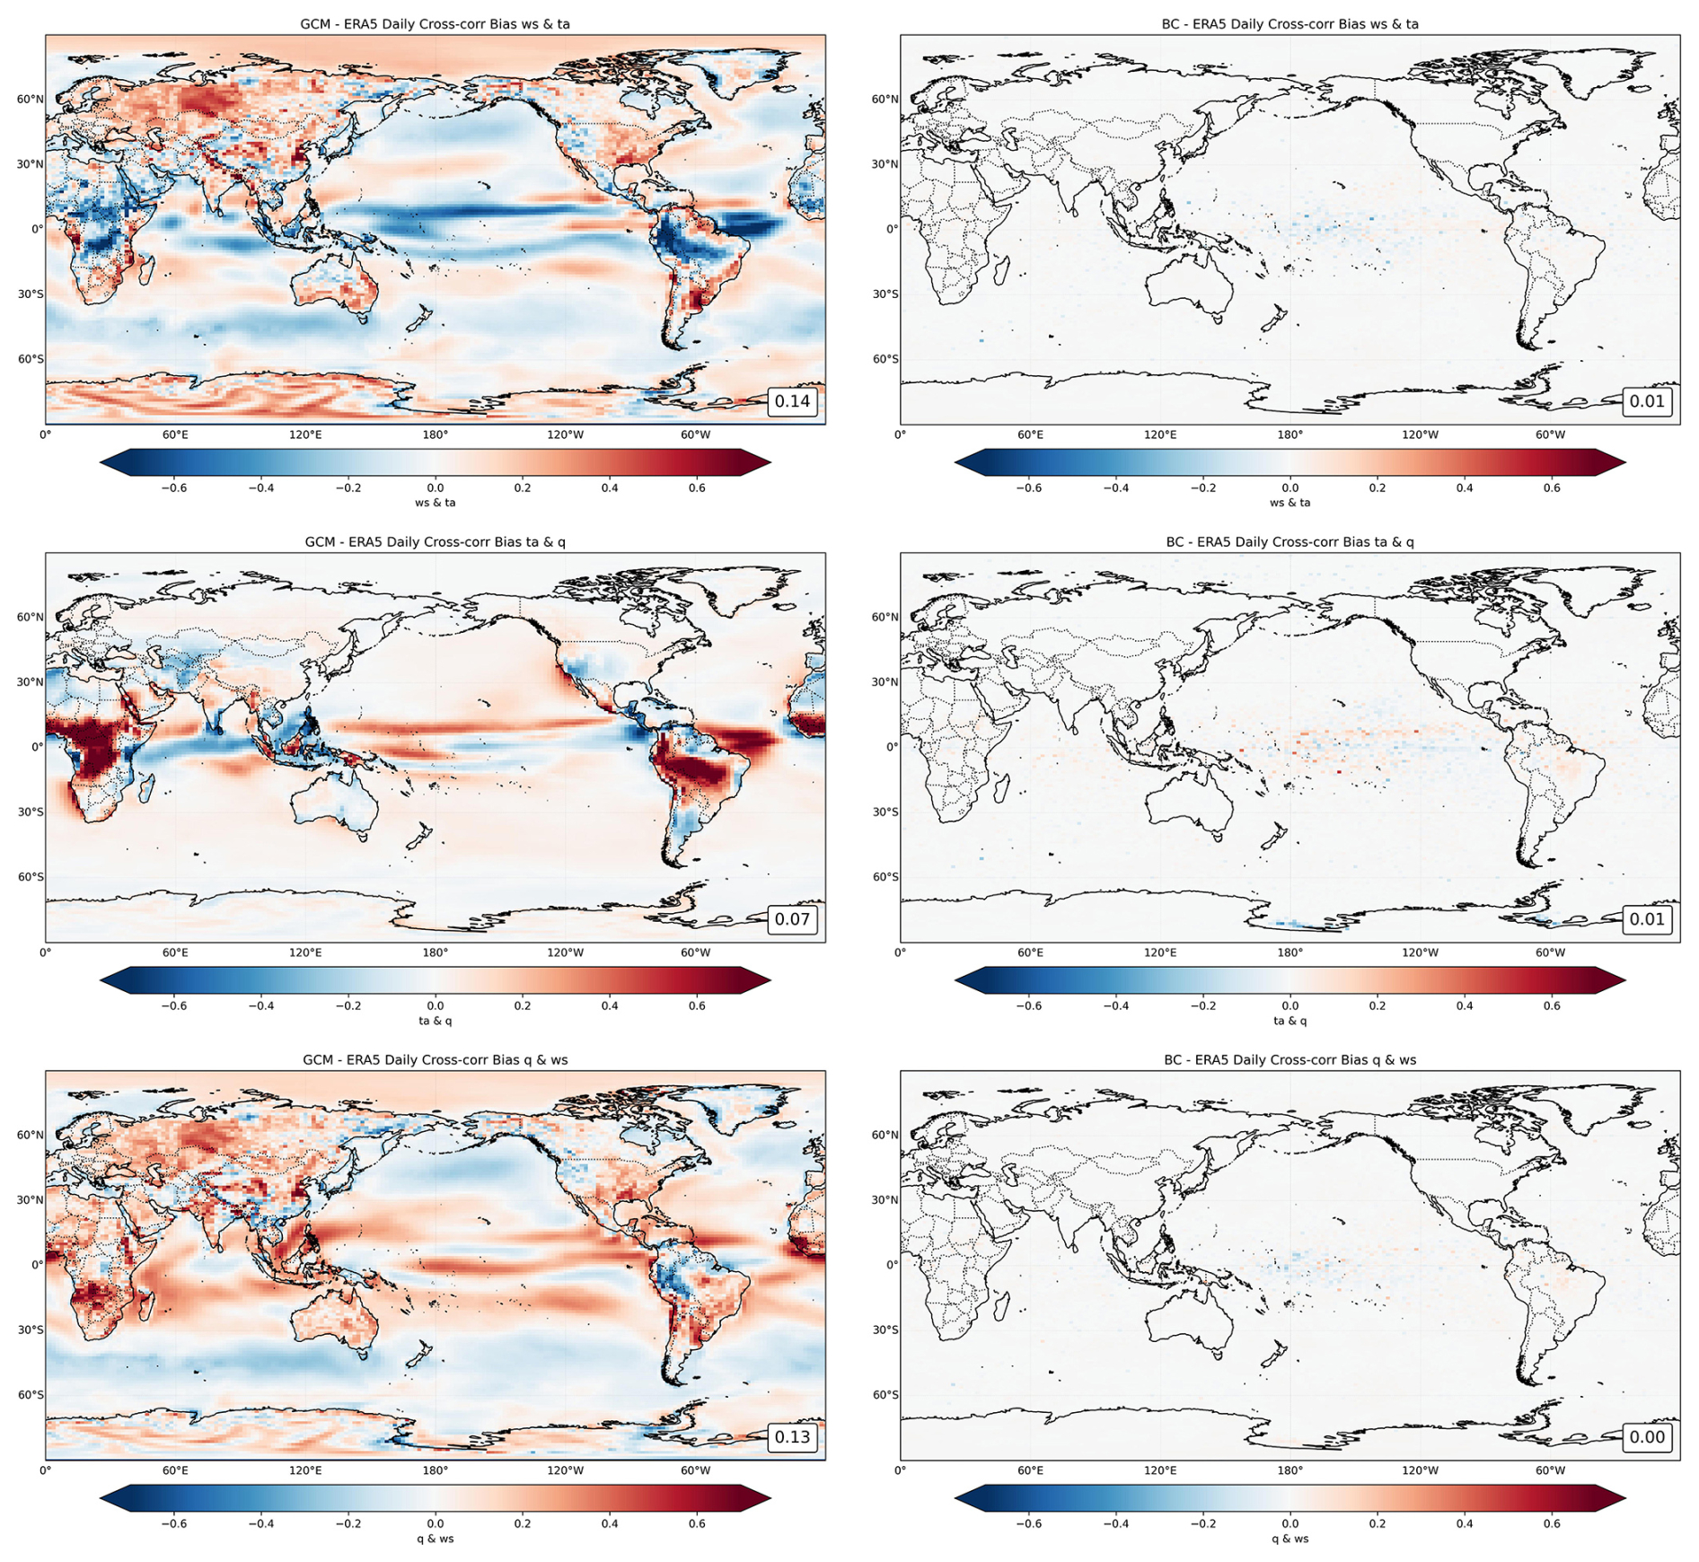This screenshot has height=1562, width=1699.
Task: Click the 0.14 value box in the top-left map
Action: [792, 401]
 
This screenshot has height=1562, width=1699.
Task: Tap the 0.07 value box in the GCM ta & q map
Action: [792, 919]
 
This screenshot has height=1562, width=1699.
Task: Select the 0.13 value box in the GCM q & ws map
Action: [792, 1437]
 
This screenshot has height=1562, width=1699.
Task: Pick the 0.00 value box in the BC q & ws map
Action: [1647, 1437]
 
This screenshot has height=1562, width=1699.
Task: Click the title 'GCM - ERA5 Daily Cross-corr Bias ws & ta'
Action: [435, 24]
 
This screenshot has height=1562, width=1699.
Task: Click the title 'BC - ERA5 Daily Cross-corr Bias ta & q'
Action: [1290, 542]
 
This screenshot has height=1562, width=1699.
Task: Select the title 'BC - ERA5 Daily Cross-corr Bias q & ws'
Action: [1290, 1060]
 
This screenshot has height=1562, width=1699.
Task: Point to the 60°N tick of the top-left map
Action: [30, 100]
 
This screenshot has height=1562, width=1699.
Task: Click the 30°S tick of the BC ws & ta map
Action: [885, 294]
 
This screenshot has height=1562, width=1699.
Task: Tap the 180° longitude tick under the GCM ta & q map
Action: [435, 953]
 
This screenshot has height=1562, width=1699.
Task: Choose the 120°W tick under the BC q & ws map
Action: [1420, 1471]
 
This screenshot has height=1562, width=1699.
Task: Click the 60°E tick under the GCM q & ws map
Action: [175, 1471]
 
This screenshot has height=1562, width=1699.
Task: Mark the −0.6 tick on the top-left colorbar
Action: [173, 488]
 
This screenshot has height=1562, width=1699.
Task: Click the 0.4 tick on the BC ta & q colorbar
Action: [1464, 1006]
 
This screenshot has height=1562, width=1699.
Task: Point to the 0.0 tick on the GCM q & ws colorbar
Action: [435, 1524]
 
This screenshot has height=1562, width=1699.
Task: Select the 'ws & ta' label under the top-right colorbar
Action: [1290, 503]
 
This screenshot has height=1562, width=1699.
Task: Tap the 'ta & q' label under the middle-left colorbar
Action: [435, 1021]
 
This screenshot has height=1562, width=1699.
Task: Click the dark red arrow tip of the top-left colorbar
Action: [770, 462]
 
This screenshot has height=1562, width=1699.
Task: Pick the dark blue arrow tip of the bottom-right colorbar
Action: [956, 1498]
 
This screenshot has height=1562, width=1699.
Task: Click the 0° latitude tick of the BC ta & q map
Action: [891, 748]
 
